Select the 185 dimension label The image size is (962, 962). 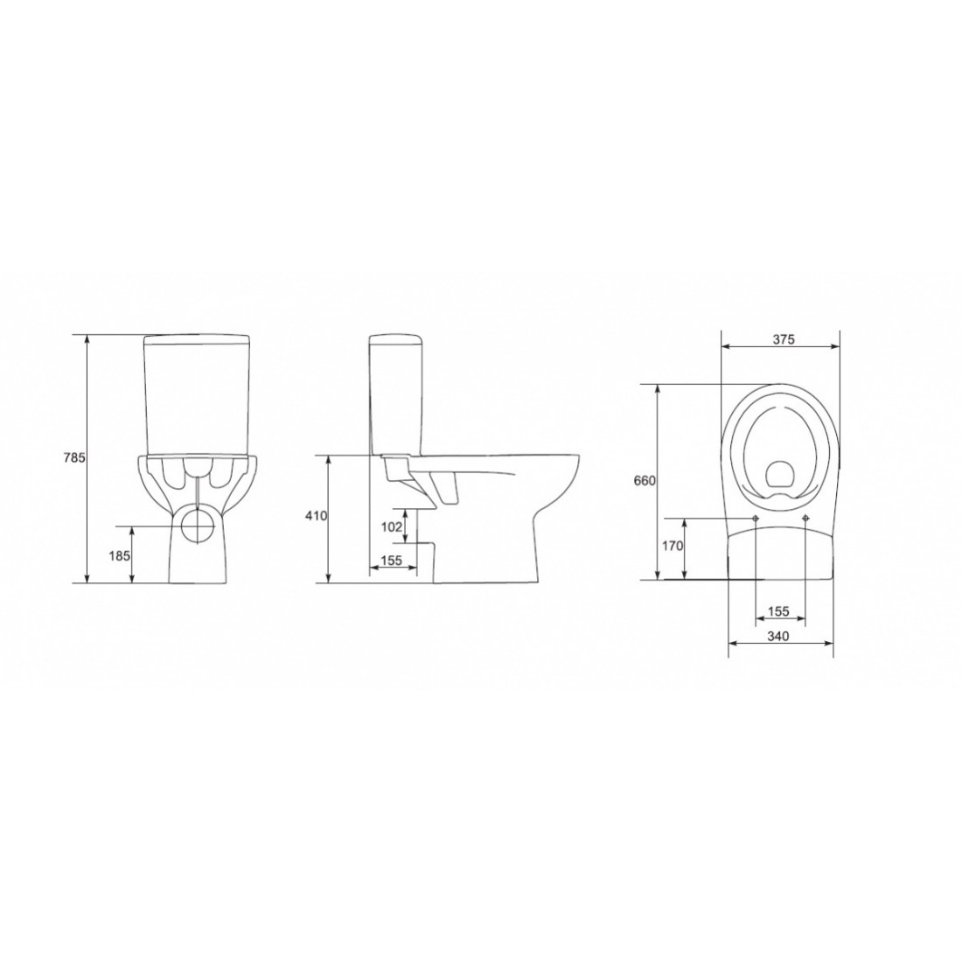pos(120,556)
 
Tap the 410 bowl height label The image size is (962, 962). pos(317,516)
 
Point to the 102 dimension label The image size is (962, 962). pos(392,526)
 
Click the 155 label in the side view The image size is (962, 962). pos(392,561)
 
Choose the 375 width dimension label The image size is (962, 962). pos(784,339)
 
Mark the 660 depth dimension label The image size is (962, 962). pos(645,481)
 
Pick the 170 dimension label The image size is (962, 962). pos(673,546)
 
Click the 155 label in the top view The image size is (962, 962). pos(778,611)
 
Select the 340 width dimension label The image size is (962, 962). pos(778,636)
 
